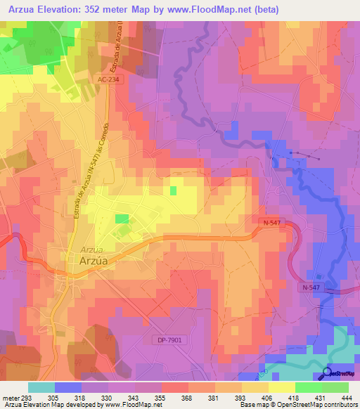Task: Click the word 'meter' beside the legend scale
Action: click(x=10, y=398)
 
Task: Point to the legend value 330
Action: click(x=107, y=398)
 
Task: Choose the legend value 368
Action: click(x=186, y=398)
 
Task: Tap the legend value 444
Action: click(x=345, y=398)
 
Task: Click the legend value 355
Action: click(x=160, y=398)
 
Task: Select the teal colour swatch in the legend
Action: click(x=41, y=387)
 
